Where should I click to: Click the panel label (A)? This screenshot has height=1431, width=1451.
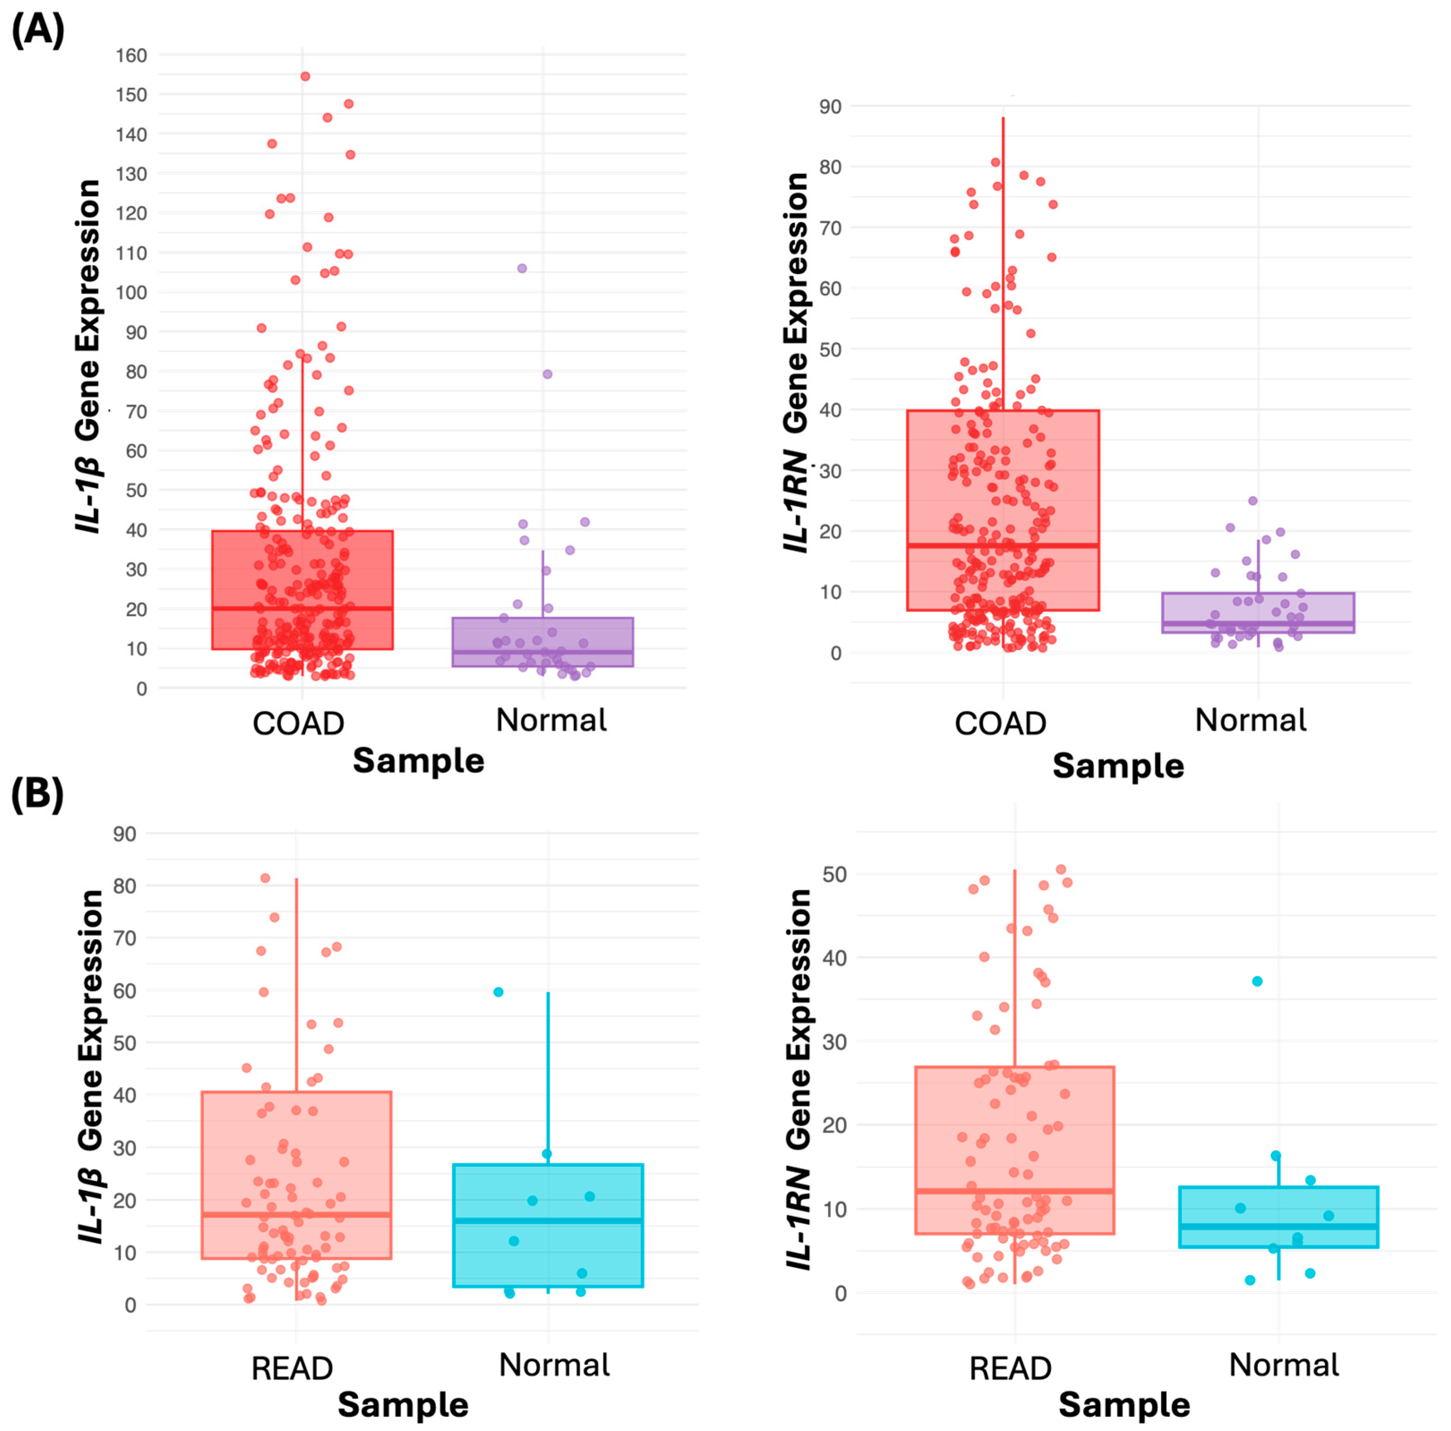tap(38, 31)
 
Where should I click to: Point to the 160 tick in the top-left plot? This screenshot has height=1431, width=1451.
tap(132, 56)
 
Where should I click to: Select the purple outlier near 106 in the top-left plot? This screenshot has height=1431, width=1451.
tap(522, 268)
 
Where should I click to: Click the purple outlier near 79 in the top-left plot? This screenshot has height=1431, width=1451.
tap(548, 374)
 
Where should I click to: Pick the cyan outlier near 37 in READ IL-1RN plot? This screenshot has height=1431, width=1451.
tap(1257, 981)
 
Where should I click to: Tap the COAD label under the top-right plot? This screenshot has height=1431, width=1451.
tap(1000, 723)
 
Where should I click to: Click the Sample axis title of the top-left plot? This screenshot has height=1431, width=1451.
tap(418, 761)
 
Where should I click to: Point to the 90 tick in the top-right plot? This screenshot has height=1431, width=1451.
tap(830, 107)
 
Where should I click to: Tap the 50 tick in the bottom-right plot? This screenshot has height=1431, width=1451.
tap(835, 874)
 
